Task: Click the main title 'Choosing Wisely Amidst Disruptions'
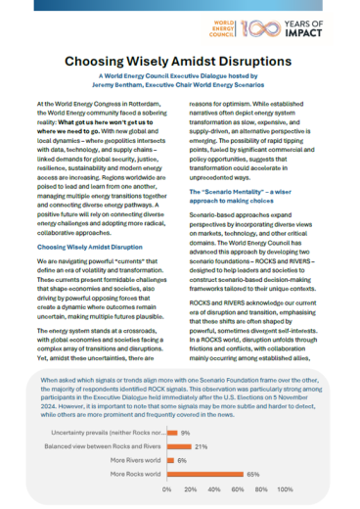[180, 62]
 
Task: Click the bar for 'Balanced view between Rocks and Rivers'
[179, 445]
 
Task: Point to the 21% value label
[202, 445]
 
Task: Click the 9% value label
[184, 432]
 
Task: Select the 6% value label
[181, 459]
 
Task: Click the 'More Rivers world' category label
[130, 459]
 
